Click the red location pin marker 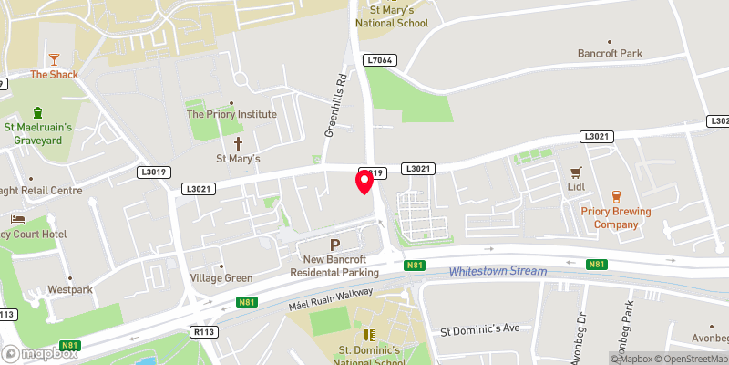coord(364,182)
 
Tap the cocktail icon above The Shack coord(53,57)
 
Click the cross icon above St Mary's coord(239,143)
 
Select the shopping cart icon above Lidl coord(575,172)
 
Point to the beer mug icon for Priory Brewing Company coord(617,195)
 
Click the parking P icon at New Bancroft coord(334,245)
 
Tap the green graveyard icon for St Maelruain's coord(37,113)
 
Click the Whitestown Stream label coord(498,271)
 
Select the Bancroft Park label coord(610,54)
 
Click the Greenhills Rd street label coord(337,106)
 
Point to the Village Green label coord(220,277)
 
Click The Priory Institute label coord(231,115)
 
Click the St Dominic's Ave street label coord(479,328)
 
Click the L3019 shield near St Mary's coord(153,172)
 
